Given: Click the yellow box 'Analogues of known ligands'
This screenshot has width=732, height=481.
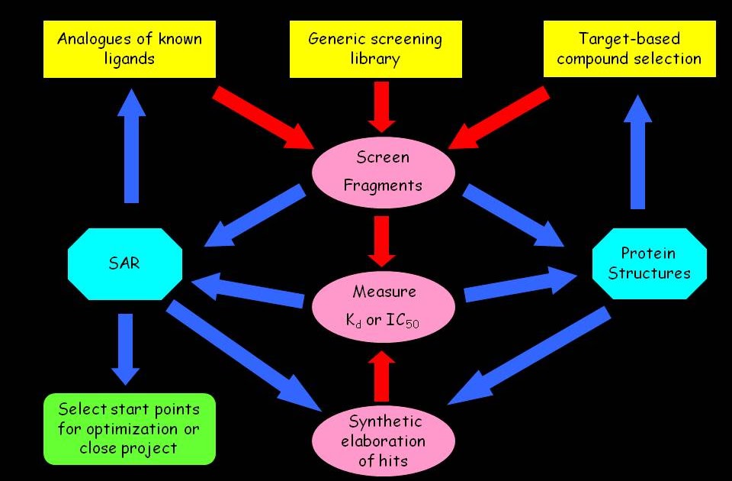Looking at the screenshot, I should point(129,49).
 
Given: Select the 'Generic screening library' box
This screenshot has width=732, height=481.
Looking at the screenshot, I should point(376,49).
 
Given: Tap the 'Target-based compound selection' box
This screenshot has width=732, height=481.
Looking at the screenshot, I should point(629,49).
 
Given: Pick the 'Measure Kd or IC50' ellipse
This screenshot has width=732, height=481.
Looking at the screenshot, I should point(383,305).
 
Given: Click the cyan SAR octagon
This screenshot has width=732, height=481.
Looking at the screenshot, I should point(125,265).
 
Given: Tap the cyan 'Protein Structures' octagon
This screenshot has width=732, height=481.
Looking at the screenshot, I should point(650,263).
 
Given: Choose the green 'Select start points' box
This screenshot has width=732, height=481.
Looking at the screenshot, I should point(130,428).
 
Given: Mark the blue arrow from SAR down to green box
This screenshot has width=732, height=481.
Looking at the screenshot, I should point(125,347).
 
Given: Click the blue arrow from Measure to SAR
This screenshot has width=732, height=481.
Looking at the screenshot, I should point(247,292).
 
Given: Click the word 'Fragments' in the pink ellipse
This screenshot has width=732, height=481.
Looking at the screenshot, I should point(383,185).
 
